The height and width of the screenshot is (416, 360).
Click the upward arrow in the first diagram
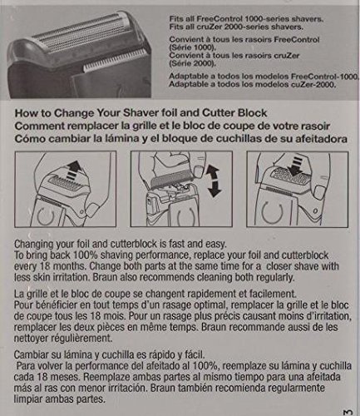(x=73, y=170)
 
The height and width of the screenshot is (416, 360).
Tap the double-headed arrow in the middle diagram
(x=213, y=181)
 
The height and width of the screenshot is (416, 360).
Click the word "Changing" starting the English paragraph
(x=33, y=245)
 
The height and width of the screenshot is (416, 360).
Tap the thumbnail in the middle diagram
(x=199, y=169)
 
